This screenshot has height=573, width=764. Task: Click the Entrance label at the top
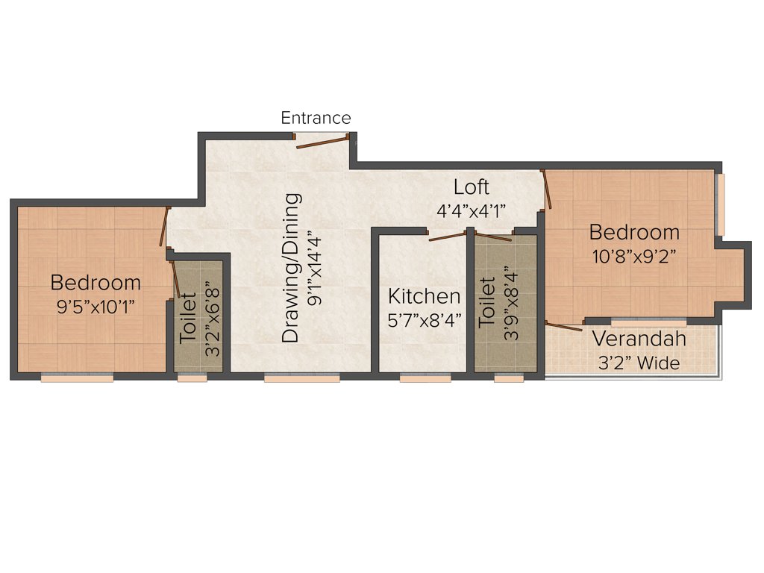316,118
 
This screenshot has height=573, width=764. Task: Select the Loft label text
472,187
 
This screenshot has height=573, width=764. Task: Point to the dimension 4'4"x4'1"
472,210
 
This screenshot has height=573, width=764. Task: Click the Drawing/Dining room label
292,268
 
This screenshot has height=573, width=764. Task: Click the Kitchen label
424,296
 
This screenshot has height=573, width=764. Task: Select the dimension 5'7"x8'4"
424,320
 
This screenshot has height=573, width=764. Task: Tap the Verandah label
639,339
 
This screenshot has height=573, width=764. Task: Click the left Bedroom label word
95,283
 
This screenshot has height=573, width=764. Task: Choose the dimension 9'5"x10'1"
95,306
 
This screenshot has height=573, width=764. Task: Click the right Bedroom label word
634,231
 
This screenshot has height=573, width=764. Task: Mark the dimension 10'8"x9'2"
634,255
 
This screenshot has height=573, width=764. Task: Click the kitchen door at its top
448,237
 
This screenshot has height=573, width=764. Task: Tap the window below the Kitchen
425,378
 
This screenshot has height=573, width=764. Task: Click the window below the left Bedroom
77,378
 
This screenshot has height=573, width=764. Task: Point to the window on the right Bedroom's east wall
720,204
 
